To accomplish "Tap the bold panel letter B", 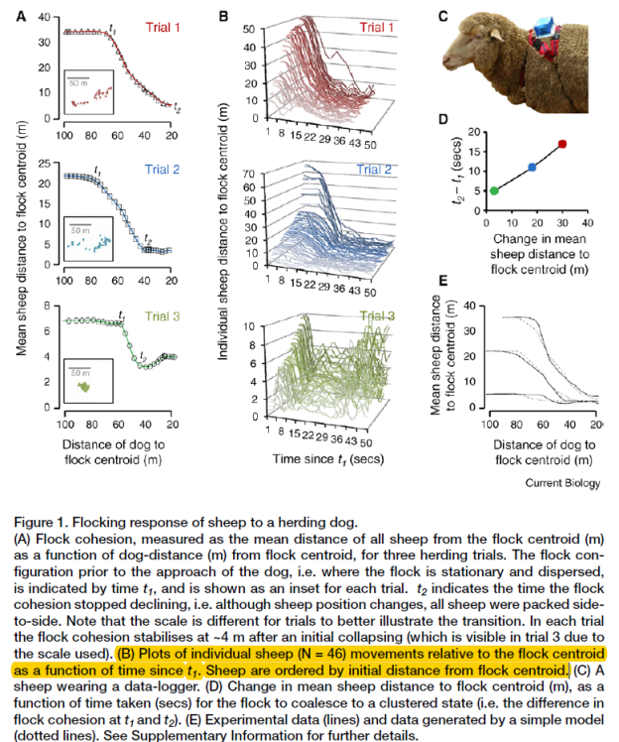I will pos(225,17).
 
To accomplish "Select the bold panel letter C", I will pos(443,15).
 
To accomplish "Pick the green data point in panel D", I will pos(495,190).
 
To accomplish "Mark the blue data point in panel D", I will pos(532,168).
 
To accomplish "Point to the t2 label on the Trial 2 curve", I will pos(148,238).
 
